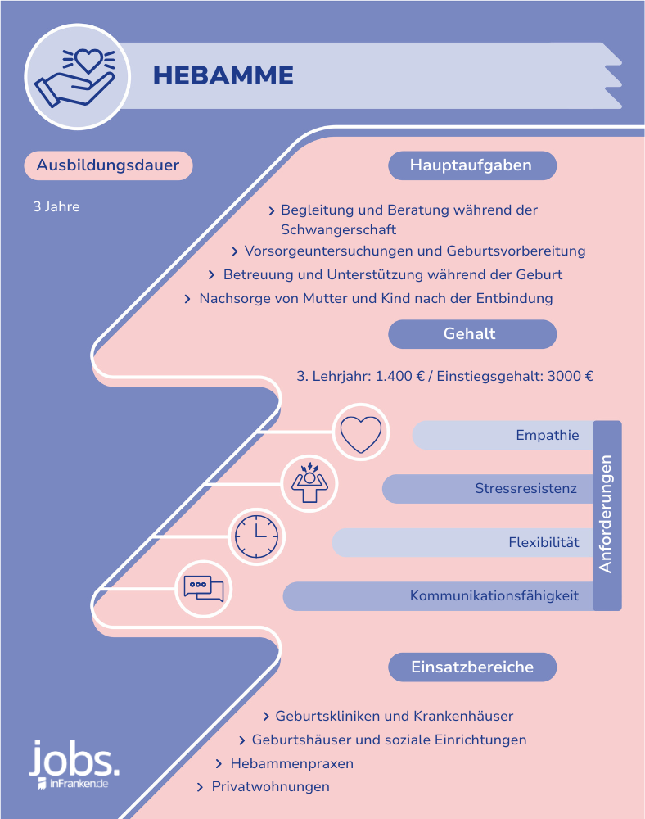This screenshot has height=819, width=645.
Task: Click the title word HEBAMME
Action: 223,75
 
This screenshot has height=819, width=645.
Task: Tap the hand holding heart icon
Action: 75,77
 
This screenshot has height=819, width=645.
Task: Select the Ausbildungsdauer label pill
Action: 108,165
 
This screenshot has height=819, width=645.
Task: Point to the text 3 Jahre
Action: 56,207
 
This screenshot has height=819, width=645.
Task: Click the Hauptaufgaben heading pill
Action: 472,165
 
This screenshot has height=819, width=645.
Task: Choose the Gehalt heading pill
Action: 472,334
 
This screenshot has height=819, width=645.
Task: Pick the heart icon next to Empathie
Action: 361,433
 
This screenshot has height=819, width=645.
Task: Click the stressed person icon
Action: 309,482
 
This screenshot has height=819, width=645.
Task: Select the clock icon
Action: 256,536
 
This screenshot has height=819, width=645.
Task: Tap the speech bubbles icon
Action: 204,589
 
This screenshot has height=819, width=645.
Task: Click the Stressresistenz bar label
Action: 525,488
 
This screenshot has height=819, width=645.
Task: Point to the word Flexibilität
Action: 544,542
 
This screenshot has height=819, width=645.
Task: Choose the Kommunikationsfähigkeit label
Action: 494,595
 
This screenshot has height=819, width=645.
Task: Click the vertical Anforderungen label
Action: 606,514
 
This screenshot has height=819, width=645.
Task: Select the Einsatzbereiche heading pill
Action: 472,667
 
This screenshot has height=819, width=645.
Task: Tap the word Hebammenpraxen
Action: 292,763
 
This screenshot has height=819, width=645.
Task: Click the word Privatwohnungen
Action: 270,786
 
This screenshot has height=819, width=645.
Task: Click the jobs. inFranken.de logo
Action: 74,765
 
